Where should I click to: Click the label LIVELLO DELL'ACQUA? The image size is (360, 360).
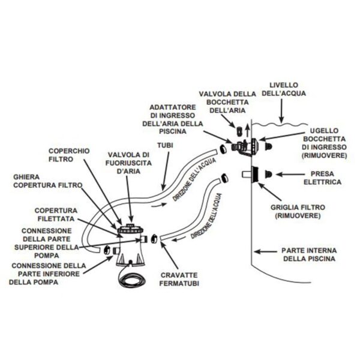click(x=284, y=89)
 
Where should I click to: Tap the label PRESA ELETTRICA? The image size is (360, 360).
click(x=322, y=178)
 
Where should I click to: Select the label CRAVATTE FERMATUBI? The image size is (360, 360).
click(x=179, y=279)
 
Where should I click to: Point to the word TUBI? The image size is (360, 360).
click(x=165, y=145)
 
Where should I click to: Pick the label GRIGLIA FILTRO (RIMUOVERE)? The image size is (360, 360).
click(x=298, y=211)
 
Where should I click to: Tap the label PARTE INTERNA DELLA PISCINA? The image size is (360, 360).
click(x=309, y=254)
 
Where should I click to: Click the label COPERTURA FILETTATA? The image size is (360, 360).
click(x=56, y=214)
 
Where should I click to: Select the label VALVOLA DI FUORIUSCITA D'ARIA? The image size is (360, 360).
click(x=128, y=163)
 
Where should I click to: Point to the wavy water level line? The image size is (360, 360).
click(x=280, y=125)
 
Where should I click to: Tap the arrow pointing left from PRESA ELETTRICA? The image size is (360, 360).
click(x=290, y=175)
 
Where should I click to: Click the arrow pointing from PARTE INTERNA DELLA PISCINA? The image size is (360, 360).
click(x=265, y=251)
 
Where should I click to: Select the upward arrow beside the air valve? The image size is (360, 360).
click(x=247, y=130)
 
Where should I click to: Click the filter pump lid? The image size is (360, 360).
click(x=130, y=229)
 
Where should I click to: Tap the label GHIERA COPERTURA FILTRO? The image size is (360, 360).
click(x=48, y=181)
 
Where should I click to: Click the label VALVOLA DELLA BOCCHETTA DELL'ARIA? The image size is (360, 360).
click(x=227, y=102)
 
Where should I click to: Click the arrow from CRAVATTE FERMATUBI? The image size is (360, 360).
click(x=170, y=256)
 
